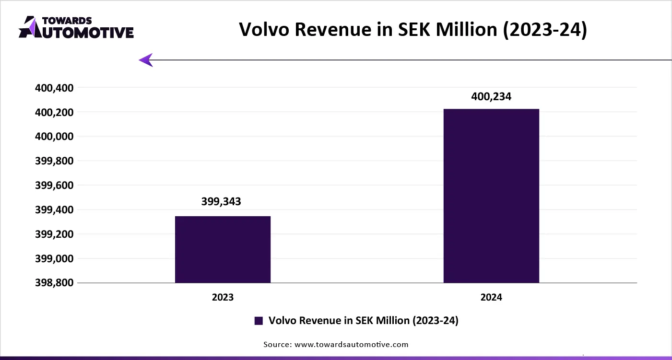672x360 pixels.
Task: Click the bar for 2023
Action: [223, 249]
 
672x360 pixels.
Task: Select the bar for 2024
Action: [491, 196]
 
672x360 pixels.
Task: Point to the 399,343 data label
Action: [221, 201]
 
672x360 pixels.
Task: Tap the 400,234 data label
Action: [491, 96]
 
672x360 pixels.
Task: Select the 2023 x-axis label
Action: [223, 298]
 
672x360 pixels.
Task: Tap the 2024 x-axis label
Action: [491, 298]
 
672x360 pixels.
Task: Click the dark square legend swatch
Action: [259, 321]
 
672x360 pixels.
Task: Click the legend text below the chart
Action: [364, 321]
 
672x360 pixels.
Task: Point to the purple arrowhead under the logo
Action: [146, 60]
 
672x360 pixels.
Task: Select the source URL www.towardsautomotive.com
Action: [351, 344]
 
